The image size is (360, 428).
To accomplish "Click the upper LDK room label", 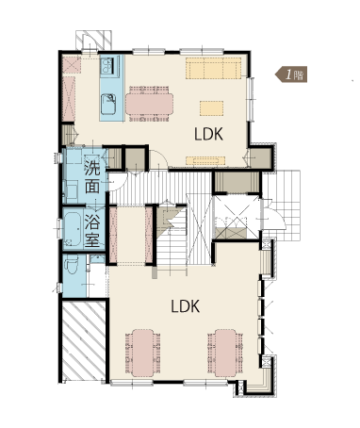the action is [x=208, y=134].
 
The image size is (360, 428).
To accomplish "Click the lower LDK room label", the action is [x=186, y=306].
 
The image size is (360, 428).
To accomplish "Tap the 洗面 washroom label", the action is [x=92, y=177].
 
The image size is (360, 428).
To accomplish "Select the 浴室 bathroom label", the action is [x=92, y=232].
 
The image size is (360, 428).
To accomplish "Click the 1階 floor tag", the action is [x=291, y=74].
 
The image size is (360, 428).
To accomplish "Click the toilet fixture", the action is [x=72, y=264].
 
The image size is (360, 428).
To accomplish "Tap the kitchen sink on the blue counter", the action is [x=108, y=105].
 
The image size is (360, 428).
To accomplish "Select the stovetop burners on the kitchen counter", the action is [x=107, y=66].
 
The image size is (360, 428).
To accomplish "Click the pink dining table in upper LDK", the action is [x=149, y=104].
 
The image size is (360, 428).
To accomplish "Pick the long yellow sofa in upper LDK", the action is [x=213, y=68].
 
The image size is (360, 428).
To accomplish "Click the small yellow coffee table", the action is [x=212, y=108].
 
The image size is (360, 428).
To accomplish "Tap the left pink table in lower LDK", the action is [x=143, y=353].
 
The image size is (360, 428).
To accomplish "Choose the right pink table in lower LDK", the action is [x=225, y=353].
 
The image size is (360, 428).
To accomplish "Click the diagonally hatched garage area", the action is [x=84, y=340].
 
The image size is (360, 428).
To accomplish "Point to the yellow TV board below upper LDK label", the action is [x=205, y=160].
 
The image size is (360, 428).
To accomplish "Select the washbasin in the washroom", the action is [x=71, y=191].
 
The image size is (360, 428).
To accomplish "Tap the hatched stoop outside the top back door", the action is [x=93, y=40].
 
